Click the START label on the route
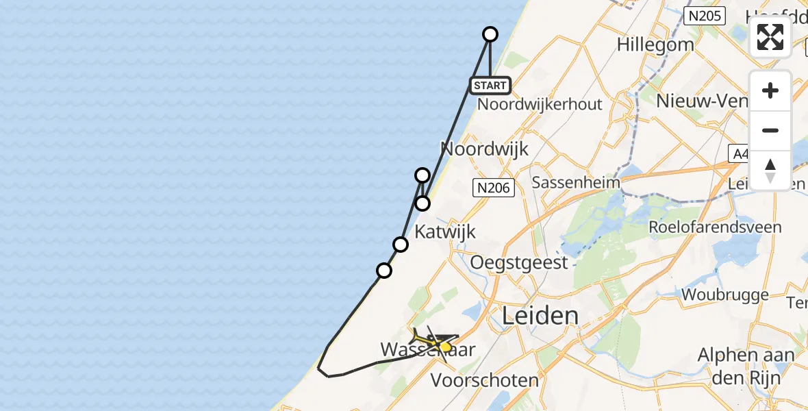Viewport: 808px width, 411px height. [x=490, y=86]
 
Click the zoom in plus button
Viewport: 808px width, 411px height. [x=770, y=90]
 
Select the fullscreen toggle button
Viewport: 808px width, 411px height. [x=770, y=37]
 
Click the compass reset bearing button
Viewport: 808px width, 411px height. [x=770, y=170]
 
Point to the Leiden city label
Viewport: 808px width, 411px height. [x=540, y=316]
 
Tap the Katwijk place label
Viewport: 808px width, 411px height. [x=445, y=232]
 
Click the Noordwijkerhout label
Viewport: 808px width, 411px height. [x=540, y=104]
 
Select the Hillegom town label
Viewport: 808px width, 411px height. [x=655, y=45]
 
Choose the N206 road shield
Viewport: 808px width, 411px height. [x=494, y=186]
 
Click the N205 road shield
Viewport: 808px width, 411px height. [x=705, y=15]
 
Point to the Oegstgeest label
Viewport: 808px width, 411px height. [x=519, y=262]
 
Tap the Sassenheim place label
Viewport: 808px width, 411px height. [x=575, y=183]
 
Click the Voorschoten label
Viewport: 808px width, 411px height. [x=485, y=379]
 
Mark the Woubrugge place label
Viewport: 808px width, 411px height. [x=725, y=295]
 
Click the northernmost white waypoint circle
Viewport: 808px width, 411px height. [x=490, y=34]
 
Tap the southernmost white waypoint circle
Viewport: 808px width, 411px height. [x=384, y=271]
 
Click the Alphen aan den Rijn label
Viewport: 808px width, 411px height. [x=746, y=365]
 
